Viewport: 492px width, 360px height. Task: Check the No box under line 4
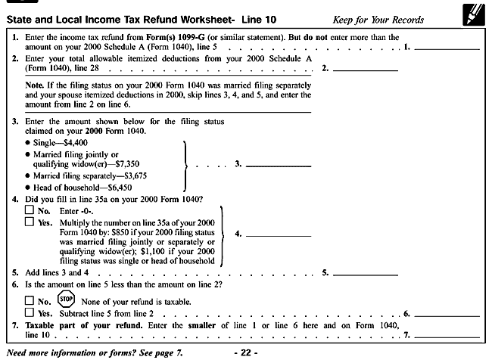tap(29, 210)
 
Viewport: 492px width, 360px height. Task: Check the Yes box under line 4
tap(29, 222)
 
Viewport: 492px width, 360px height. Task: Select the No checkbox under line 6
tap(29, 301)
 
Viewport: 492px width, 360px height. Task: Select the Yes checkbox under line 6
tap(29, 313)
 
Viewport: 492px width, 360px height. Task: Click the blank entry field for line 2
tap(366, 69)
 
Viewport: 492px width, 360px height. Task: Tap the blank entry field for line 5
tap(366, 272)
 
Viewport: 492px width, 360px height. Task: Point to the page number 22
tap(246, 352)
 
